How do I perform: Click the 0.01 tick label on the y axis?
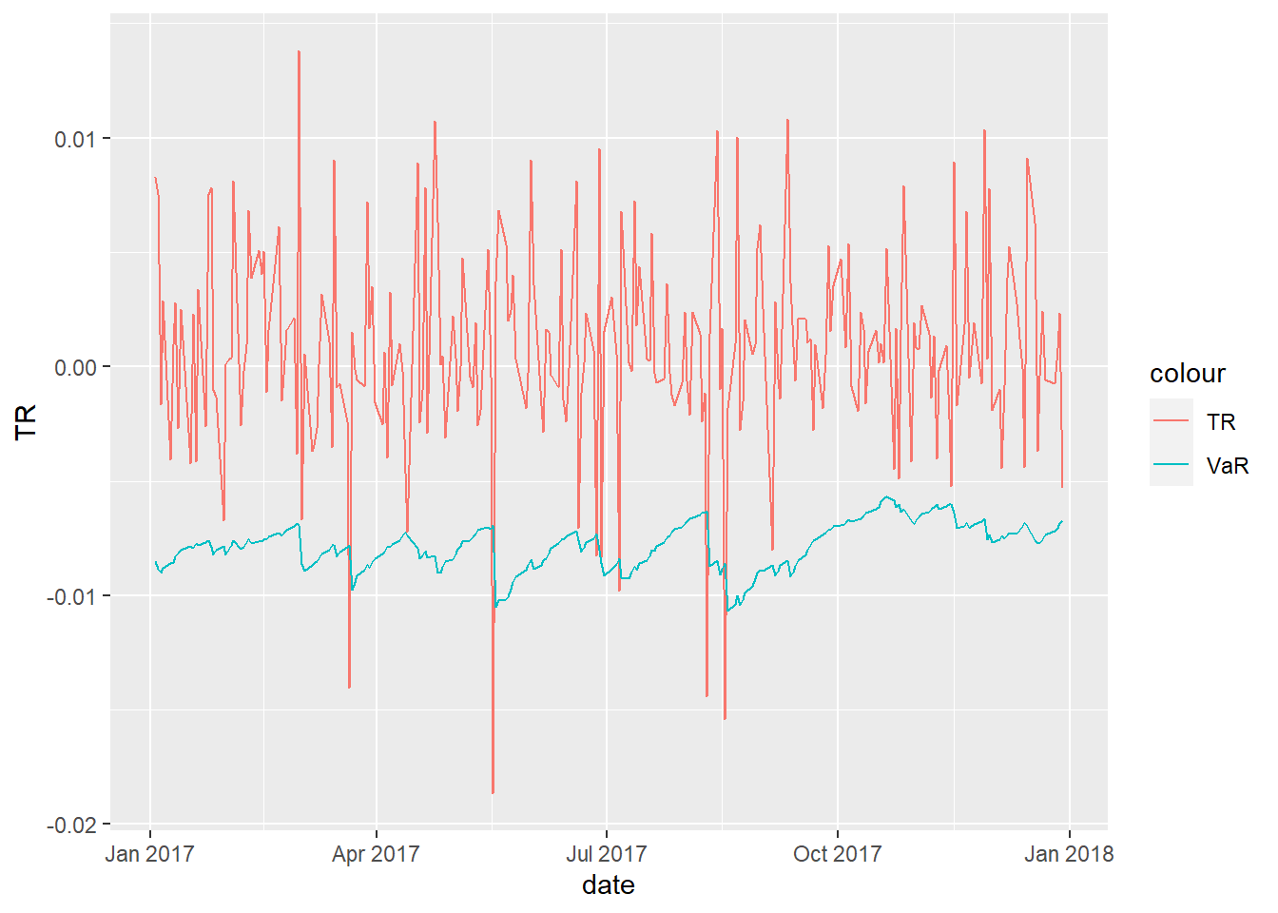[75, 139]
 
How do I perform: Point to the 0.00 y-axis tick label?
[75, 367]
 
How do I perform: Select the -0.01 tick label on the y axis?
[72, 596]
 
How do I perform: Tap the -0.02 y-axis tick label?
[72, 825]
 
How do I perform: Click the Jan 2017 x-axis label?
[149, 854]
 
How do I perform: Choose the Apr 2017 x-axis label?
[376, 854]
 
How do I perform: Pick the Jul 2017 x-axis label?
[606, 854]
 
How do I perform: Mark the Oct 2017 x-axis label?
[837, 854]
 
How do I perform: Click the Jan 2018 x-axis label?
[1069, 854]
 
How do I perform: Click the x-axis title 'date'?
[609, 885]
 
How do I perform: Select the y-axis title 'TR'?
[26, 421]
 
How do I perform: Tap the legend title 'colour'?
[1187, 374]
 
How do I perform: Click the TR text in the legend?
[1221, 422]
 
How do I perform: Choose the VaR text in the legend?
[1227, 466]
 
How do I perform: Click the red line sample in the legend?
[1171, 421]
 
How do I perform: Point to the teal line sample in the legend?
[1171, 465]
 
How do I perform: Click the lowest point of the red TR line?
[493, 792]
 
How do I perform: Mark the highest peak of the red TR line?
[299, 51]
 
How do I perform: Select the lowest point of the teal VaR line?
[726, 611]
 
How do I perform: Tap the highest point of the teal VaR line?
[886, 496]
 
